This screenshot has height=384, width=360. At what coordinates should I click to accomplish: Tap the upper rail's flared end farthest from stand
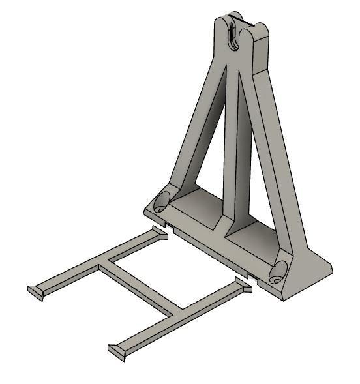point(35,291)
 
